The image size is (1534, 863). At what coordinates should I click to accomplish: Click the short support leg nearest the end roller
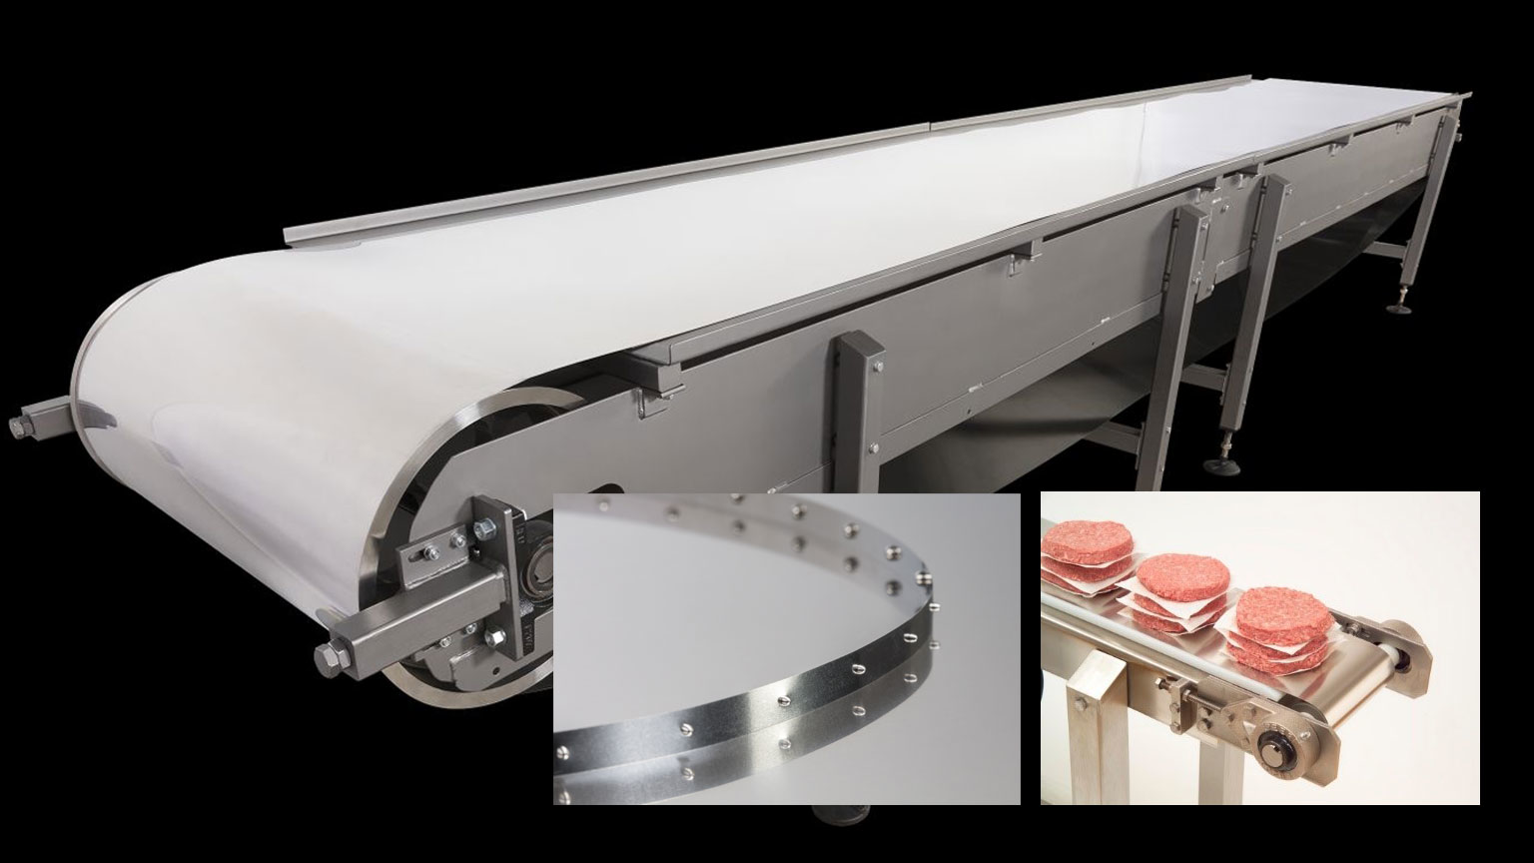859,410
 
